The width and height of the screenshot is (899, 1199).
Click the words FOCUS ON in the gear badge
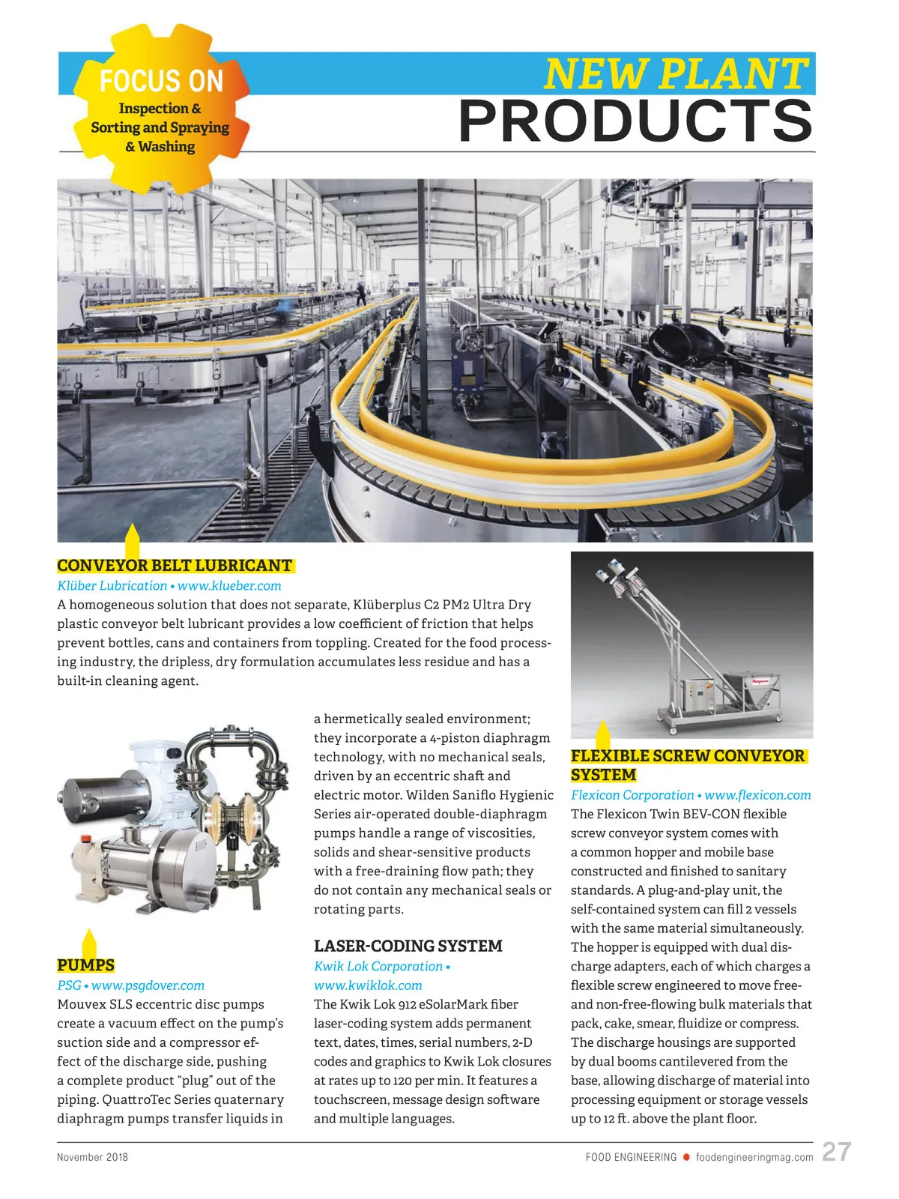(161, 80)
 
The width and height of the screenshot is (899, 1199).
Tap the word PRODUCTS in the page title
(635, 121)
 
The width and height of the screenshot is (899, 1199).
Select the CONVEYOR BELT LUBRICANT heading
(175, 566)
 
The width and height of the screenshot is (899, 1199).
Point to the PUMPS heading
(85, 965)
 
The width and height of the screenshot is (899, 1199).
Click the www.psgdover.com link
(148, 985)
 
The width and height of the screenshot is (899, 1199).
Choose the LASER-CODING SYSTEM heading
(408, 946)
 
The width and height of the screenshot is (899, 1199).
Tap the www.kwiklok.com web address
(368, 985)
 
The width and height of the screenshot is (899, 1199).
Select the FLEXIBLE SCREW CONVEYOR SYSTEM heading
(687, 765)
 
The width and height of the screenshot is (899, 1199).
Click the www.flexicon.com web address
(757, 795)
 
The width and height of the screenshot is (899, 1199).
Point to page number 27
(836, 1152)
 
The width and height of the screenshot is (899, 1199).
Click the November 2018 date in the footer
(92, 1157)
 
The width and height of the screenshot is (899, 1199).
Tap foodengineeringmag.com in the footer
(754, 1158)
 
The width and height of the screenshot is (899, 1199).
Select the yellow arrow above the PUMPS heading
(89, 943)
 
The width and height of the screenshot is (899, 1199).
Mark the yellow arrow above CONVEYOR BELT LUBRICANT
(132, 541)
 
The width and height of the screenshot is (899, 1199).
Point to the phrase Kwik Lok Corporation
(378, 967)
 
